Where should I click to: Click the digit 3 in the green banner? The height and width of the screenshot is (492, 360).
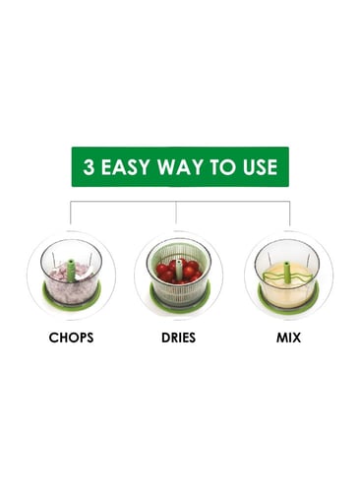tap(89, 167)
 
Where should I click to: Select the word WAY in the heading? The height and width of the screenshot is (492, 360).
tap(180, 167)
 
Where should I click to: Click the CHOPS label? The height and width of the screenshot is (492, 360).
tap(71, 338)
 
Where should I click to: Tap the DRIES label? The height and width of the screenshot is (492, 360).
tap(178, 338)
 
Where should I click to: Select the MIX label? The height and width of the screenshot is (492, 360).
tap(288, 338)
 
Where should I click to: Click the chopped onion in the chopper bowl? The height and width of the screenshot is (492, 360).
tap(71, 283)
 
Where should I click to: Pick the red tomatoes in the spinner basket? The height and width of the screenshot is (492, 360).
tap(179, 272)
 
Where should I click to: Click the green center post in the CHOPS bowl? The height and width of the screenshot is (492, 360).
tap(71, 271)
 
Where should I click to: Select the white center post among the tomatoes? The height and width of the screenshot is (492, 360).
tap(179, 270)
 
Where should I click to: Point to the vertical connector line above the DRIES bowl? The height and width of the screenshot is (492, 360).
tap(176, 213)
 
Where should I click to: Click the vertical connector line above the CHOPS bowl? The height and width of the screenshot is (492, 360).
tap(71, 213)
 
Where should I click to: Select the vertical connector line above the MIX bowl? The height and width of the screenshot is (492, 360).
tap(290, 214)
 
